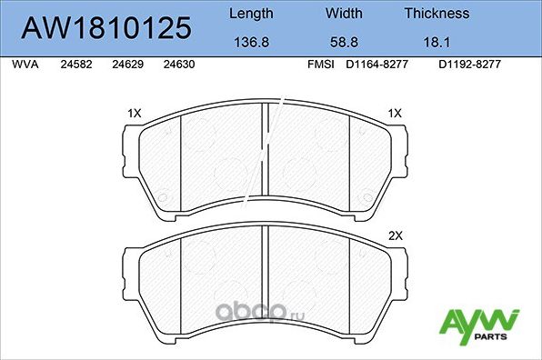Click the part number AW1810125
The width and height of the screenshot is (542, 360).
click(x=107, y=27)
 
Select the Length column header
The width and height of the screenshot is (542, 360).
click(x=250, y=14)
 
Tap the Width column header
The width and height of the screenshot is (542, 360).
click(x=345, y=14)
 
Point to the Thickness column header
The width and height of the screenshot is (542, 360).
click(x=437, y=14)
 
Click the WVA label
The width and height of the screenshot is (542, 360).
click(x=24, y=65)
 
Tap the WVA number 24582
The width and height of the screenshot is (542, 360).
click(x=75, y=65)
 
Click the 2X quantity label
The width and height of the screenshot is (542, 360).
click(x=395, y=236)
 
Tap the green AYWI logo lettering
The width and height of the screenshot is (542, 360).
click(x=478, y=321)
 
